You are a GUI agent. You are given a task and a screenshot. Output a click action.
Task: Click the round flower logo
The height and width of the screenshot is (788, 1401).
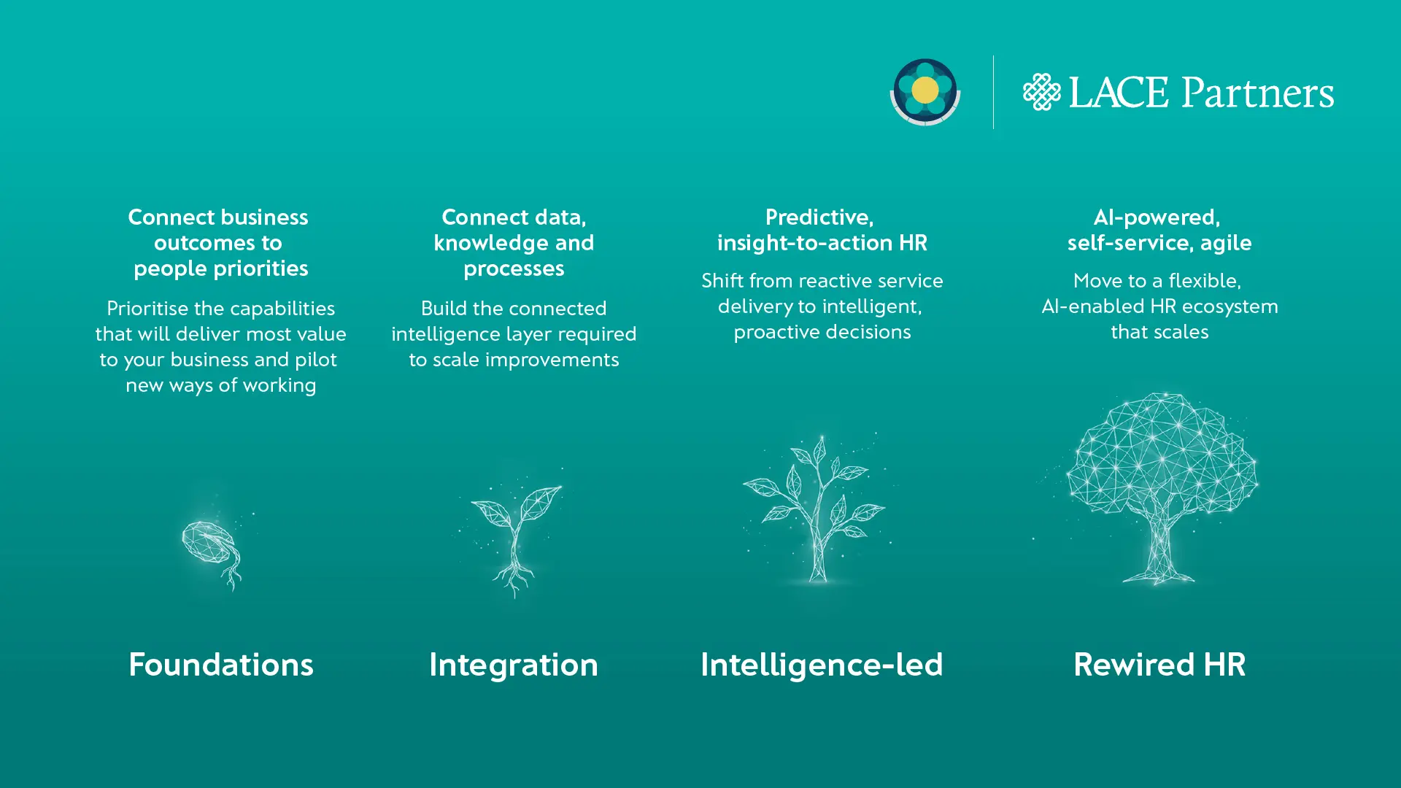[925, 91]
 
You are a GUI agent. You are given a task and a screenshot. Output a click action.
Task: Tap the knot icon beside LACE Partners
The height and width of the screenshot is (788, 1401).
[1041, 92]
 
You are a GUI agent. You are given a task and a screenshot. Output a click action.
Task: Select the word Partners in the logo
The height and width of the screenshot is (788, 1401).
[1258, 93]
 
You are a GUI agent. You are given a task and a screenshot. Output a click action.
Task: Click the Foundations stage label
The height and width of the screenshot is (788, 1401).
[221, 665]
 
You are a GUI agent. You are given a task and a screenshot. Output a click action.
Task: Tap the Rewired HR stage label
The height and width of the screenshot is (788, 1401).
[1159, 665]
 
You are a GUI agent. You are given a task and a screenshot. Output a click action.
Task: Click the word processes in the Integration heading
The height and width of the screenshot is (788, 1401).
[514, 269]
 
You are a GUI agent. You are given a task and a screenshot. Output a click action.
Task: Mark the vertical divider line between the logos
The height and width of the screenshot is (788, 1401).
[993, 92]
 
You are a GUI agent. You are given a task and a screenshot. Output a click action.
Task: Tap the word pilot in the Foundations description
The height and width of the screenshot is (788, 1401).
[315, 360]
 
